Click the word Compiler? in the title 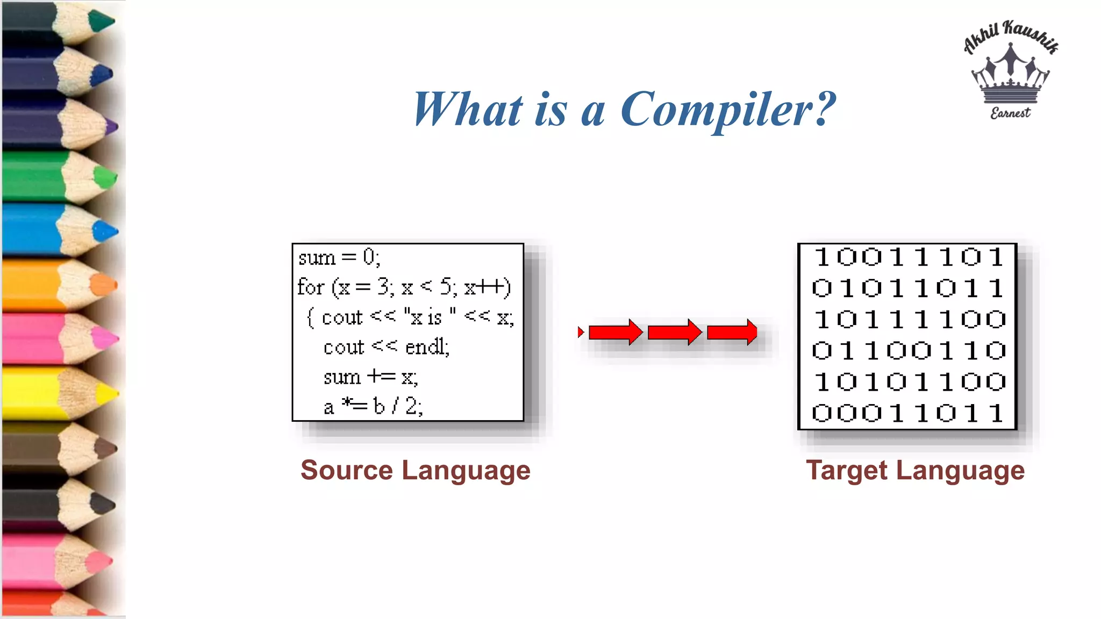click(728, 110)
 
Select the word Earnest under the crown click(1010, 113)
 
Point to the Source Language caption click(415, 470)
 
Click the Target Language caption click(915, 470)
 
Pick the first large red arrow click(616, 332)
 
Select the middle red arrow click(675, 332)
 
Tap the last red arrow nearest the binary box click(732, 332)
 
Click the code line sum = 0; click(339, 258)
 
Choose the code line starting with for click(404, 287)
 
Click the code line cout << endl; click(386, 347)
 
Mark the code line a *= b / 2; click(373, 407)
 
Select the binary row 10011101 click(908, 257)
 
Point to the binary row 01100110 click(908, 351)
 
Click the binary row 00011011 click(908, 413)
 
